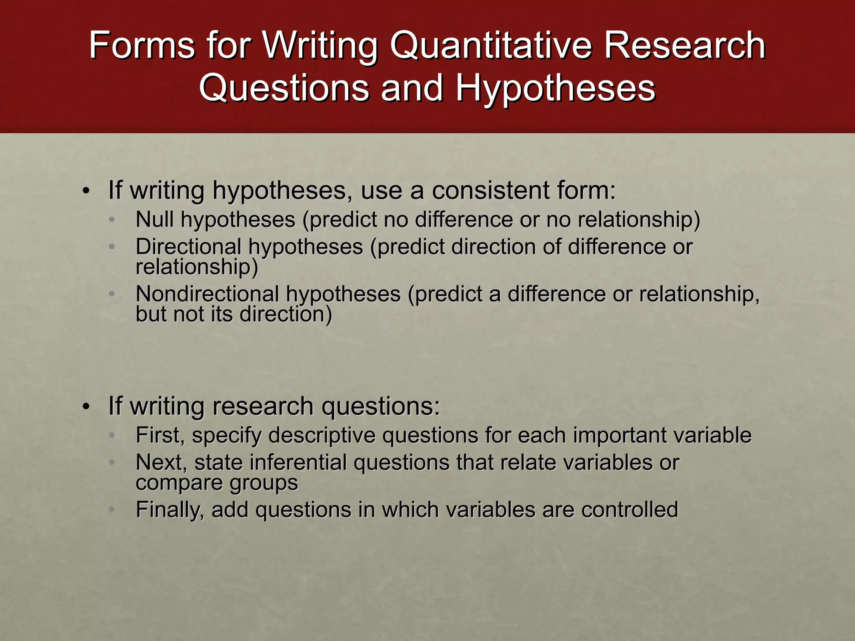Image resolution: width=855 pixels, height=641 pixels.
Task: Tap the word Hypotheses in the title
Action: coord(555,88)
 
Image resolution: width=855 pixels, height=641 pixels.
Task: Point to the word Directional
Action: coord(188,247)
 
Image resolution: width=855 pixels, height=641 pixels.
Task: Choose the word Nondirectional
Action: coord(207,294)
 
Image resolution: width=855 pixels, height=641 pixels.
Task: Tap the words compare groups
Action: coord(217,483)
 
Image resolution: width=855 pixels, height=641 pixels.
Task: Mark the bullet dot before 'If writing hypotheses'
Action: coord(86,192)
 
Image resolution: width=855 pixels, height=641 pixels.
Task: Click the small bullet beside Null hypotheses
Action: coord(111,220)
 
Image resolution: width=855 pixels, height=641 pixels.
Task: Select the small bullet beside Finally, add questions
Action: coord(111,510)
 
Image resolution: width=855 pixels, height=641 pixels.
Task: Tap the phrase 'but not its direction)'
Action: coord(234,314)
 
